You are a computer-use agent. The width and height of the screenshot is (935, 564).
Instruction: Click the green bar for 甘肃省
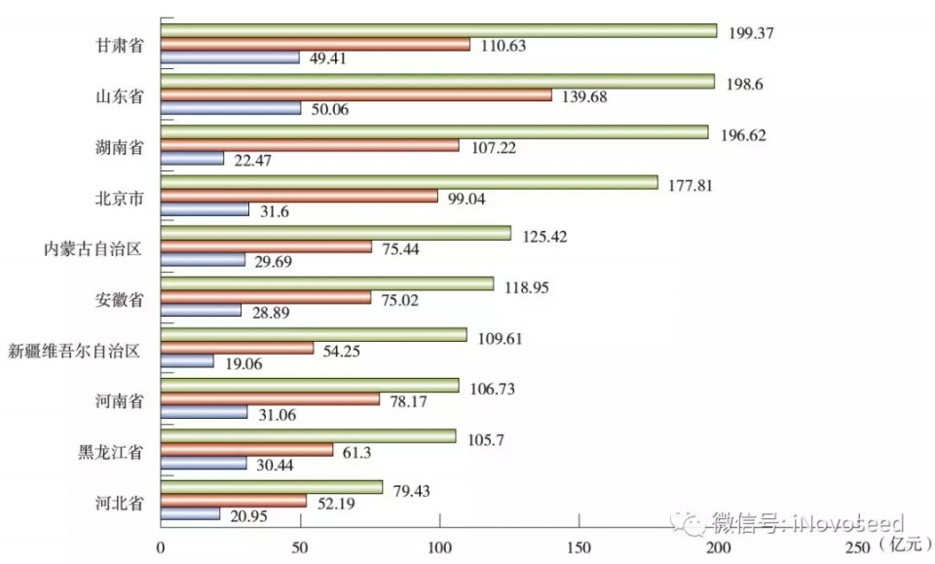coord(438,30)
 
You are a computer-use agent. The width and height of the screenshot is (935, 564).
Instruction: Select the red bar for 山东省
coord(355,95)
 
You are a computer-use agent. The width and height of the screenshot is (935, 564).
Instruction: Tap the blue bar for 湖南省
coord(192,158)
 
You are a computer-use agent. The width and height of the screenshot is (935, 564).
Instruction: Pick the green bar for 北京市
coord(409,182)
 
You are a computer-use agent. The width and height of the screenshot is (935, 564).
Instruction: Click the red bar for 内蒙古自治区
coord(266,247)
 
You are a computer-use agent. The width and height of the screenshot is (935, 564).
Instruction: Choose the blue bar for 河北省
coord(190,513)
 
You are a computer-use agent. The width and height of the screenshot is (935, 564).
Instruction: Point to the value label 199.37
coord(753,32)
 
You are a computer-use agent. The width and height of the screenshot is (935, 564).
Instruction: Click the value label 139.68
coord(586,96)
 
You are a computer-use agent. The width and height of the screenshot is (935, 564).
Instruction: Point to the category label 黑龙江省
coord(111,452)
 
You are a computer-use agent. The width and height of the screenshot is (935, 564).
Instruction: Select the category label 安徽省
coord(121,299)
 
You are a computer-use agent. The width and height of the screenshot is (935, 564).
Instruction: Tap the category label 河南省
coord(121,400)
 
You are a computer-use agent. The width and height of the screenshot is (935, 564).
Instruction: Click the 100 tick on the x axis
coord(439,548)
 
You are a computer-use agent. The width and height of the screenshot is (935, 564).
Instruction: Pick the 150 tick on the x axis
coord(579,548)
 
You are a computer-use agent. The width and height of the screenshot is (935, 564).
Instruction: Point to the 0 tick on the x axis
coord(161,548)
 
